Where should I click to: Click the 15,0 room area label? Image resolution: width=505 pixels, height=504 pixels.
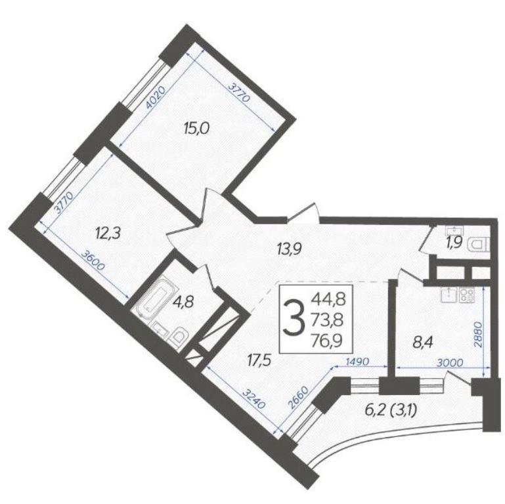pos(196,129)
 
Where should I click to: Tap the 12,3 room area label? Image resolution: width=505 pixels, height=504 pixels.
pos(108,233)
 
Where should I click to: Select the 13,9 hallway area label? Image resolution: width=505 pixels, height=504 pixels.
pos(289,249)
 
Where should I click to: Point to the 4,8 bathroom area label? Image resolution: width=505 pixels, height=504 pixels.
pos(183,303)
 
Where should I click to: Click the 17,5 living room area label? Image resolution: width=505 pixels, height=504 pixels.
pos(259,360)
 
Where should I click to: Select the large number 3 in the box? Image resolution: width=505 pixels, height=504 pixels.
pos(294,317)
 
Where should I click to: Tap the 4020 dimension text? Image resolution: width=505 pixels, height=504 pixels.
pos(156,97)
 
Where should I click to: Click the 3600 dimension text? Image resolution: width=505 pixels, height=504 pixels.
pos(93,261)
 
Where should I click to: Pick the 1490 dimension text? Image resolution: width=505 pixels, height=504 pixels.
pos(357,362)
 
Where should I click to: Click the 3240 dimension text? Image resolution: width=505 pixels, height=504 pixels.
pos(253,399)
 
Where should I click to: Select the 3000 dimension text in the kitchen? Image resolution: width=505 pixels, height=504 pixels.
pos(450,363)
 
